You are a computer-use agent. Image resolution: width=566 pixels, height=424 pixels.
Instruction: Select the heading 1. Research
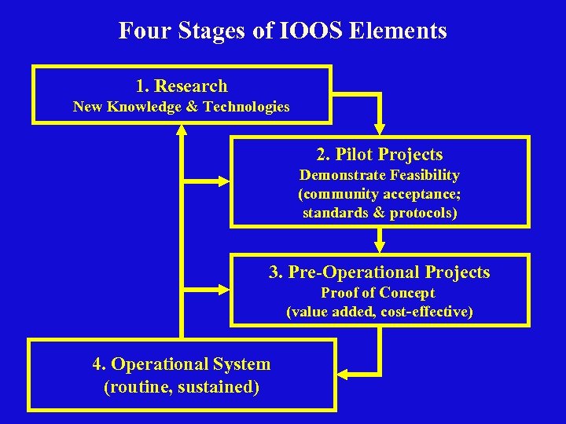182,86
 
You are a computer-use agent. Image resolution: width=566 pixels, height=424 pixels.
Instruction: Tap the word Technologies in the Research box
246,107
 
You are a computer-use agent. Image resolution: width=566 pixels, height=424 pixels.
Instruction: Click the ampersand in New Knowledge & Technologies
192,107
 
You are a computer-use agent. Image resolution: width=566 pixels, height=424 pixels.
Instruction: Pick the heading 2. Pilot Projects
380,155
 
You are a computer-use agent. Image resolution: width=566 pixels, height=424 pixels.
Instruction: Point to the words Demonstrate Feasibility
380,175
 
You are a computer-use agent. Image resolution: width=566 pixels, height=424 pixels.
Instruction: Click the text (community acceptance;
380,194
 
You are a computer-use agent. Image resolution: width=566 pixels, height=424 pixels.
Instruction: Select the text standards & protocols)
380,213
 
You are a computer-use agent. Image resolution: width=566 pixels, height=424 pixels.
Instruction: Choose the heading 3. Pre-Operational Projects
380,272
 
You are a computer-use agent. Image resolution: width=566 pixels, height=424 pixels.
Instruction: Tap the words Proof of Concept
380,293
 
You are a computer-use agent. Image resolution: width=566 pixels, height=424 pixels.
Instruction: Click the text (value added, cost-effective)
380,312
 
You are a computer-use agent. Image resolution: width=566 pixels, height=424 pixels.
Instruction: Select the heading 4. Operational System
182,364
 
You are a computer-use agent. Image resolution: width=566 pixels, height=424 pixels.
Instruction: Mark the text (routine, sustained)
182,386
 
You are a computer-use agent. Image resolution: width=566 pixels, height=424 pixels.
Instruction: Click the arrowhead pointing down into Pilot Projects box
380,129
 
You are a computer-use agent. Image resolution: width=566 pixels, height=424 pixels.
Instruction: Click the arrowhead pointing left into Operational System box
344,371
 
